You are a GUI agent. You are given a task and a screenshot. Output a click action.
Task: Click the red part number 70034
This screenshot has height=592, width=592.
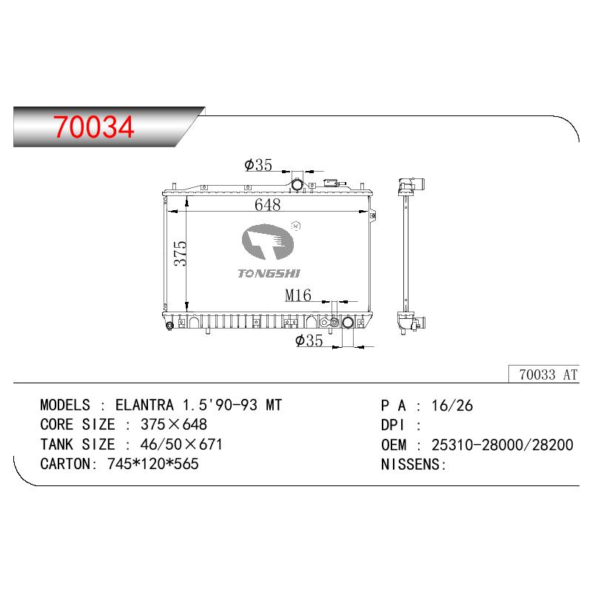[94, 127]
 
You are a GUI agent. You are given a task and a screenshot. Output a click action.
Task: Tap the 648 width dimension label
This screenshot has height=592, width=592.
[267, 205]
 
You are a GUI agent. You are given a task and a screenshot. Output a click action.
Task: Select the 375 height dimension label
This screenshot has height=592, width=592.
[181, 253]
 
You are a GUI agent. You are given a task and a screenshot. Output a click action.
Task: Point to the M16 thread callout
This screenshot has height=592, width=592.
[298, 295]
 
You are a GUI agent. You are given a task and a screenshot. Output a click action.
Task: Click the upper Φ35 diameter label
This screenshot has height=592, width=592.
[258, 164]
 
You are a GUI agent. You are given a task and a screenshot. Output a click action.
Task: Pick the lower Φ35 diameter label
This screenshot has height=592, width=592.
[309, 340]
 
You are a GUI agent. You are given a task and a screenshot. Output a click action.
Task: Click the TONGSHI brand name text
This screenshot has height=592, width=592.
[269, 273]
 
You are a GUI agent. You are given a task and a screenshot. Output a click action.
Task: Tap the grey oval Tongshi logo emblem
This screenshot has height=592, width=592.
[268, 242]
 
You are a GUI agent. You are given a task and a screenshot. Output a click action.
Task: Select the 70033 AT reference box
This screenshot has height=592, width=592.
[544, 374]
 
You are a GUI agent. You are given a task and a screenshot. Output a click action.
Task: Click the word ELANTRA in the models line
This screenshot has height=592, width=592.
[144, 405]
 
